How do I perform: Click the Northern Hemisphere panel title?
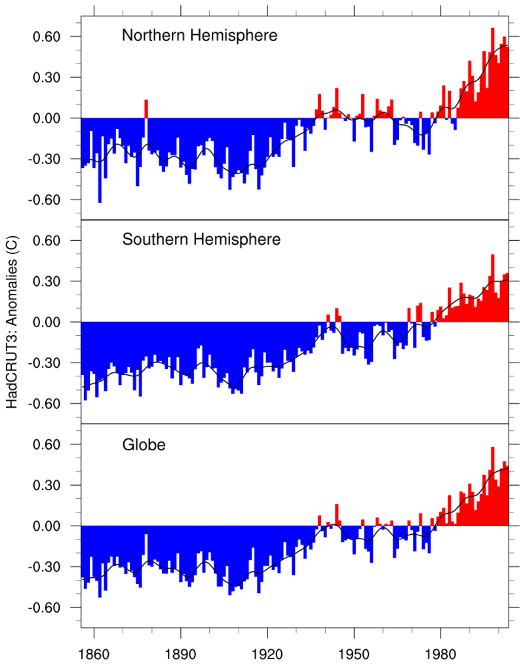[199, 35]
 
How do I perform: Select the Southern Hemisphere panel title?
[201, 239]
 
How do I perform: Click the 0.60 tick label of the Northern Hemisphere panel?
[47, 37]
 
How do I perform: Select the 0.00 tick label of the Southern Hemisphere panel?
[47, 322]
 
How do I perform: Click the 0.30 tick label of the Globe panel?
[47, 485]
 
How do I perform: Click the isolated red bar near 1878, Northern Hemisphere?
[146, 109]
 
